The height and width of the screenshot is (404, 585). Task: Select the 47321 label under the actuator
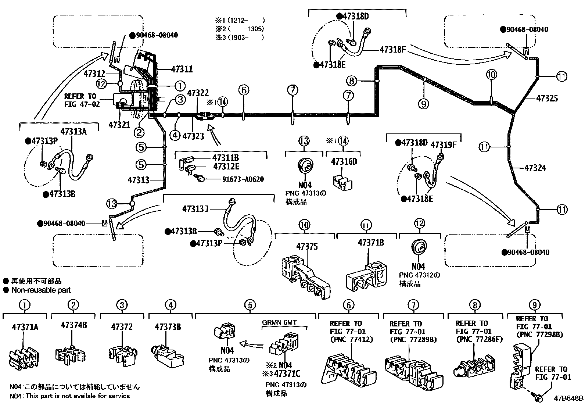click(x=119, y=125)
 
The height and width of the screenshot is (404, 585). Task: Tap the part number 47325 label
click(x=547, y=98)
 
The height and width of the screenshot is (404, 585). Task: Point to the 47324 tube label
click(x=535, y=168)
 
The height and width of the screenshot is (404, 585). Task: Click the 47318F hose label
click(x=392, y=49)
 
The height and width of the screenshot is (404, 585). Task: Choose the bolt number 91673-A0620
click(x=243, y=179)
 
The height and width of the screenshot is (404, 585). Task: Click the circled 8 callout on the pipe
click(x=352, y=81)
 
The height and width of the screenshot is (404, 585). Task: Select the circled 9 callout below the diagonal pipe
click(x=423, y=104)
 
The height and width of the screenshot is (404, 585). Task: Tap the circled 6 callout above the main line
click(x=243, y=90)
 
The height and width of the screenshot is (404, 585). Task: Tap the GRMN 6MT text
click(x=279, y=322)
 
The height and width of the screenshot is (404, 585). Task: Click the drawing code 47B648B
click(x=569, y=398)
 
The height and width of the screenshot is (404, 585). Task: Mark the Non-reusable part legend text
click(x=41, y=290)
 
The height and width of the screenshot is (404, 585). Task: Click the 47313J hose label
click(x=195, y=209)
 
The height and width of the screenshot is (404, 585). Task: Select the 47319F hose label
click(x=443, y=144)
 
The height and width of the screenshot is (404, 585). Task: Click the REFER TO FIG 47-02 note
click(x=80, y=100)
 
